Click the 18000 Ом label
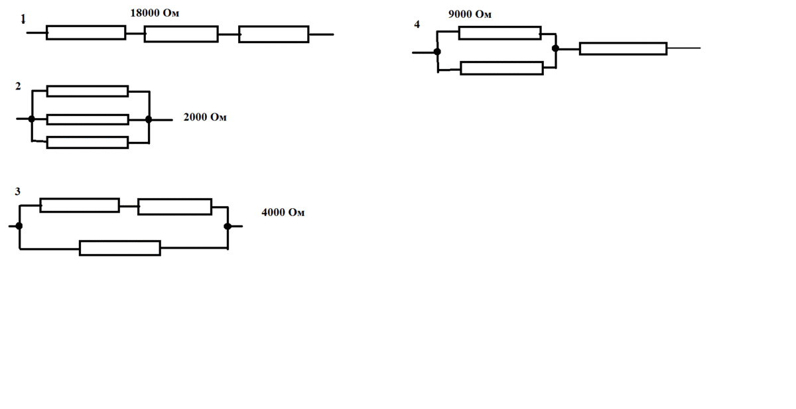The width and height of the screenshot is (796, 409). (x=155, y=13)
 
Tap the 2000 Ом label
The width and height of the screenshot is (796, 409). (x=205, y=117)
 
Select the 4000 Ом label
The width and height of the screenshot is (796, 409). (x=283, y=212)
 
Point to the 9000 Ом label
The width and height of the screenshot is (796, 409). (x=470, y=14)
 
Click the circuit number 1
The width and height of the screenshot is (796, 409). (x=23, y=19)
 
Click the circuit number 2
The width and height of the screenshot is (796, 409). (x=19, y=86)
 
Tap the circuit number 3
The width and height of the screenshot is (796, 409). (x=18, y=192)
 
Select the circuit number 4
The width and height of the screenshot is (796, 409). (x=417, y=24)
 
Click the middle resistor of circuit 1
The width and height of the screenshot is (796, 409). (x=181, y=34)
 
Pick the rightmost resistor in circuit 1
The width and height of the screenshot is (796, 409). (x=273, y=34)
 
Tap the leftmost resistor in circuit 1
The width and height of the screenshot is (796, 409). (x=86, y=32)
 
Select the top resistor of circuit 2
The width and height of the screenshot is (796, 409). (x=88, y=91)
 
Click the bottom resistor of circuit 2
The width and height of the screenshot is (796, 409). (x=88, y=143)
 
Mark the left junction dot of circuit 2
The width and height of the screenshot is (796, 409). (x=32, y=119)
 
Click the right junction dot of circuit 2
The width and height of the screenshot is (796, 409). (x=149, y=119)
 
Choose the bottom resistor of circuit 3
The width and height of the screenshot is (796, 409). (x=120, y=248)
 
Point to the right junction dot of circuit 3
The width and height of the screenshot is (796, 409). (x=228, y=226)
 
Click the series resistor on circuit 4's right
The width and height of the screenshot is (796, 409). (x=624, y=48)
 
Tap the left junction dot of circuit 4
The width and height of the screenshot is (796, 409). (x=437, y=52)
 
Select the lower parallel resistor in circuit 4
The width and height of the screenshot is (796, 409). (x=501, y=68)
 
